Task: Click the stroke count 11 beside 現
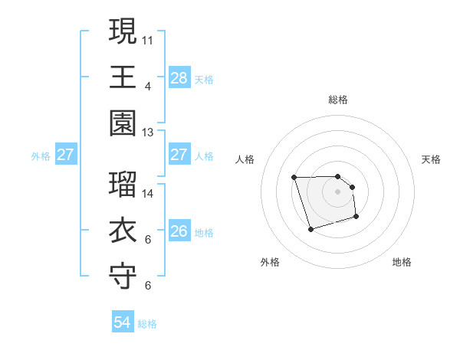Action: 148,39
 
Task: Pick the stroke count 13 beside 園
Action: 148,133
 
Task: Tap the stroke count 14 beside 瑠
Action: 148,194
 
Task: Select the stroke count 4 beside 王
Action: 147,86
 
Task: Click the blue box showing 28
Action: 179,78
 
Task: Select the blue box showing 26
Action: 179,231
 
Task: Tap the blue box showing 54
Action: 123,322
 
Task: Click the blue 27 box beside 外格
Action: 65,155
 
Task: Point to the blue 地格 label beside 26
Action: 204,232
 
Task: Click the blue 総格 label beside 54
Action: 147,324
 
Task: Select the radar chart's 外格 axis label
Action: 270,262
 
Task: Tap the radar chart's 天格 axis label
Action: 432,159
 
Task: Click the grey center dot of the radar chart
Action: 337,191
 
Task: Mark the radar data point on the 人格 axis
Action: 294,178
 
